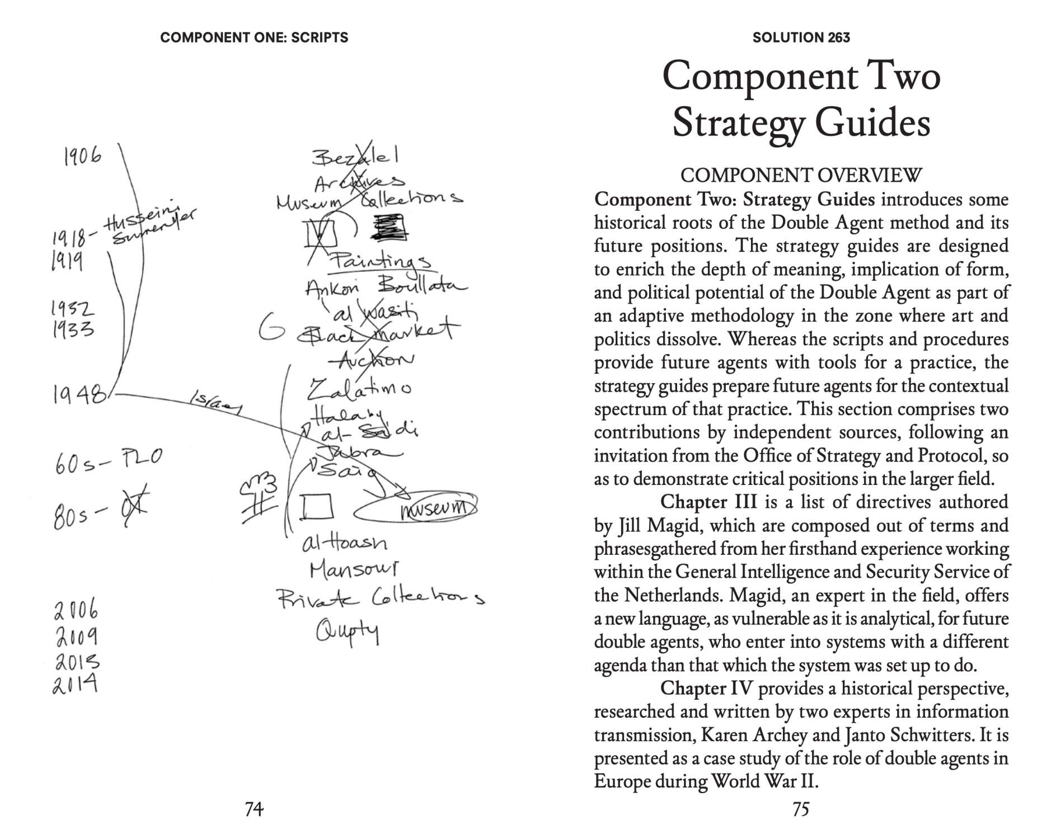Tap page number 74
(254, 809)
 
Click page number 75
(801, 809)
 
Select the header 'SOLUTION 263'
(801, 37)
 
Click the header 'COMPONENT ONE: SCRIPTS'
(254, 37)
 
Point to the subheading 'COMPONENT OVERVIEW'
(801, 175)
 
